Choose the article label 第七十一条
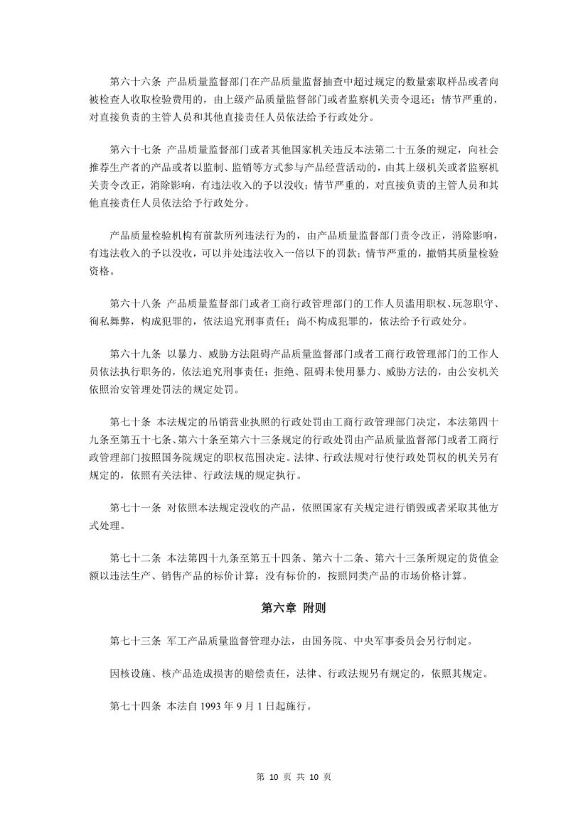point(136,508)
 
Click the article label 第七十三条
point(136,641)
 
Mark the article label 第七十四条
point(136,707)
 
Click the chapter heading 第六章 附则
point(294,608)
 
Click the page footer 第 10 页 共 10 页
point(294,776)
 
